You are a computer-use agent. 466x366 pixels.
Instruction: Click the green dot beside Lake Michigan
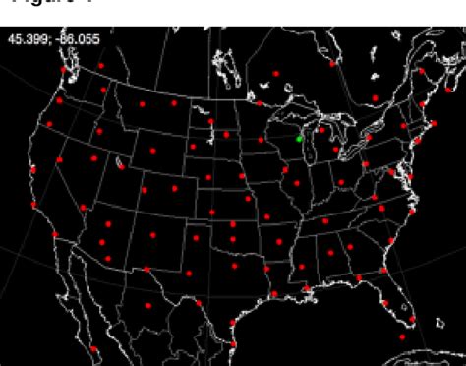click(300, 139)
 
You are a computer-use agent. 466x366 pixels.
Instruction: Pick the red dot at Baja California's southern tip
click(94, 348)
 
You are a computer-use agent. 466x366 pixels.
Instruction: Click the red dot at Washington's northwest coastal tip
click(64, 70)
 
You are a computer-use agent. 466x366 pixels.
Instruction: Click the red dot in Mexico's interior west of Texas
click(148, 306)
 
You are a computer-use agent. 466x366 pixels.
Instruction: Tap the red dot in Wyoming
click(152, 151)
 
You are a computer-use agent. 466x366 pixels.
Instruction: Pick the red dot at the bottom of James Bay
click(332, 63)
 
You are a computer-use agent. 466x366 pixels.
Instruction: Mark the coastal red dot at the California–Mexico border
click(56, 234)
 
